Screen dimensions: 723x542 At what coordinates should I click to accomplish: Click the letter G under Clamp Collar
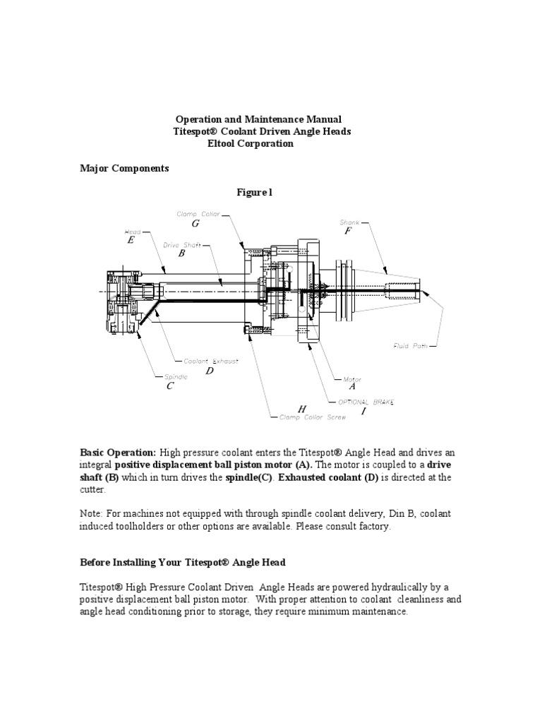coord(195,224)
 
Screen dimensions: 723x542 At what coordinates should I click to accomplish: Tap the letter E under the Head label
coord(131,241)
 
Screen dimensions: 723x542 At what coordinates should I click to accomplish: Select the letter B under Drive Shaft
coord(181,253)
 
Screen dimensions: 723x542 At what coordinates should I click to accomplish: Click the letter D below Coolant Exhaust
coord(210,371)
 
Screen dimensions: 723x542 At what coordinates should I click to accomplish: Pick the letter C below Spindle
coord(169,386)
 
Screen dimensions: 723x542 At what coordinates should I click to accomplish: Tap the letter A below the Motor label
coord(352,387)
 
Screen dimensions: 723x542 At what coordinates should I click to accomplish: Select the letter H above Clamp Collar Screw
coord(301,409)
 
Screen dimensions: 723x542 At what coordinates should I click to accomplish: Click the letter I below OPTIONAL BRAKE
coord(363,411)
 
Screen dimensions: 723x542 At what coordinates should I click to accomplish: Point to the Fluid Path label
coord(410,346)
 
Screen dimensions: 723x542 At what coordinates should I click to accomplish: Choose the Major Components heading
coord(124,169)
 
